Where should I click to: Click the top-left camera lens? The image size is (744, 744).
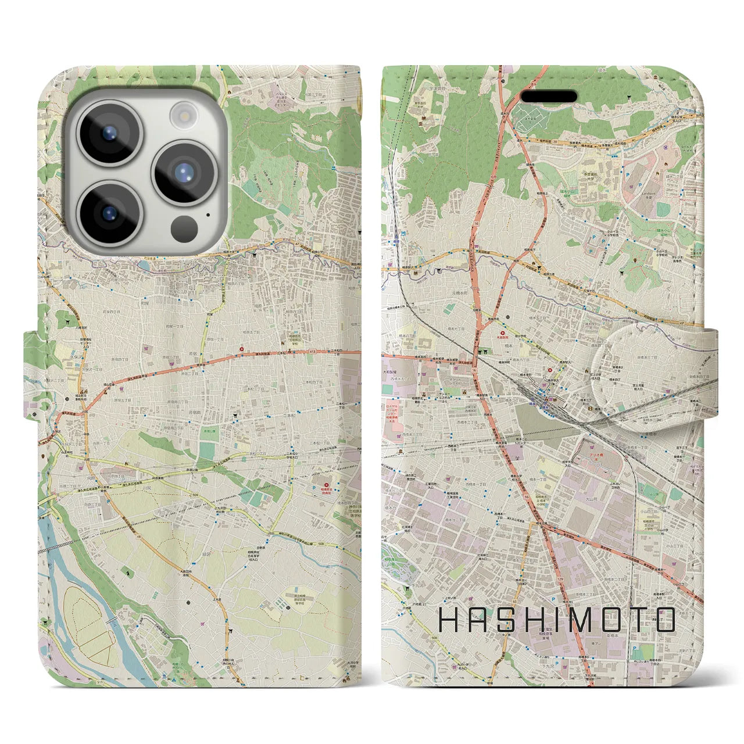pos(109,133)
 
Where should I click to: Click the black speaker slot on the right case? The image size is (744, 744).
pos(548,96)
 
